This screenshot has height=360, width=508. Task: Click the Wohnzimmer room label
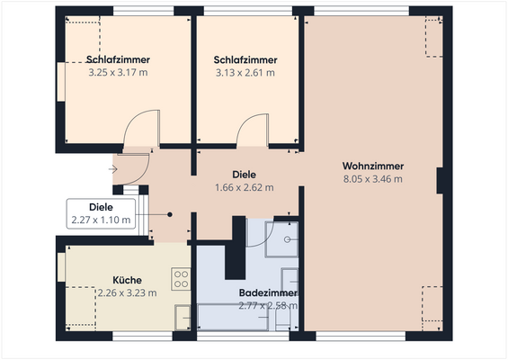(x=372, y=166)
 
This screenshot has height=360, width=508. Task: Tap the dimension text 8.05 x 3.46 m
(x=372, y=179)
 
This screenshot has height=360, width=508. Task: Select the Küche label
(x=127, y=280)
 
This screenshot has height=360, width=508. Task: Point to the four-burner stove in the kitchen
(x=181, y=278)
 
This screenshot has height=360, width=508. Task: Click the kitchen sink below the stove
(x=183, y=315)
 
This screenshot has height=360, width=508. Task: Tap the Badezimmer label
(x=268, y=293)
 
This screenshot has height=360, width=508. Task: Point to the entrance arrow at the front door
(x=114, y=167)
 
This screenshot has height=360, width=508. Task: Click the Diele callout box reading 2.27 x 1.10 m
(x=100, y=213)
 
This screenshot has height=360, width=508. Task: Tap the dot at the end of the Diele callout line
(x=170, y=214)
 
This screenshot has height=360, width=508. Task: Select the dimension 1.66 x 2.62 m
(x=244, y=188)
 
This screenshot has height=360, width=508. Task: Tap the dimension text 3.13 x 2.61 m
(x=244, y=72)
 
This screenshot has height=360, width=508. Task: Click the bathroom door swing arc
(x=256, y=234)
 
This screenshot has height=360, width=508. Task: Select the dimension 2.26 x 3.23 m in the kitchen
(x=127, y=292)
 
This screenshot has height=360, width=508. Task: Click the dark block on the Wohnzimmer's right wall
(x=441, y=180)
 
